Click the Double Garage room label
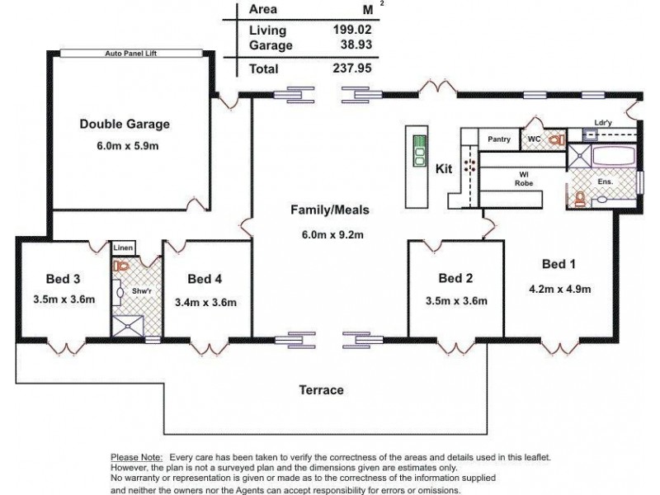pos(124,125)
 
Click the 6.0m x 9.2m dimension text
pos(333,234)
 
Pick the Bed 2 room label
pos(455,278)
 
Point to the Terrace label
pos(321,389)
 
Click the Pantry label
pos(499,139)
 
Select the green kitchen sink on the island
pos(419,146)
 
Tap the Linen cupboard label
pos(122,247)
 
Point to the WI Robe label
pos(522,177)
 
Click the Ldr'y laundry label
pos(602,124)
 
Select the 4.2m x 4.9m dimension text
pos(559,289)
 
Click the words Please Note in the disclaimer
pos(135,456)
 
